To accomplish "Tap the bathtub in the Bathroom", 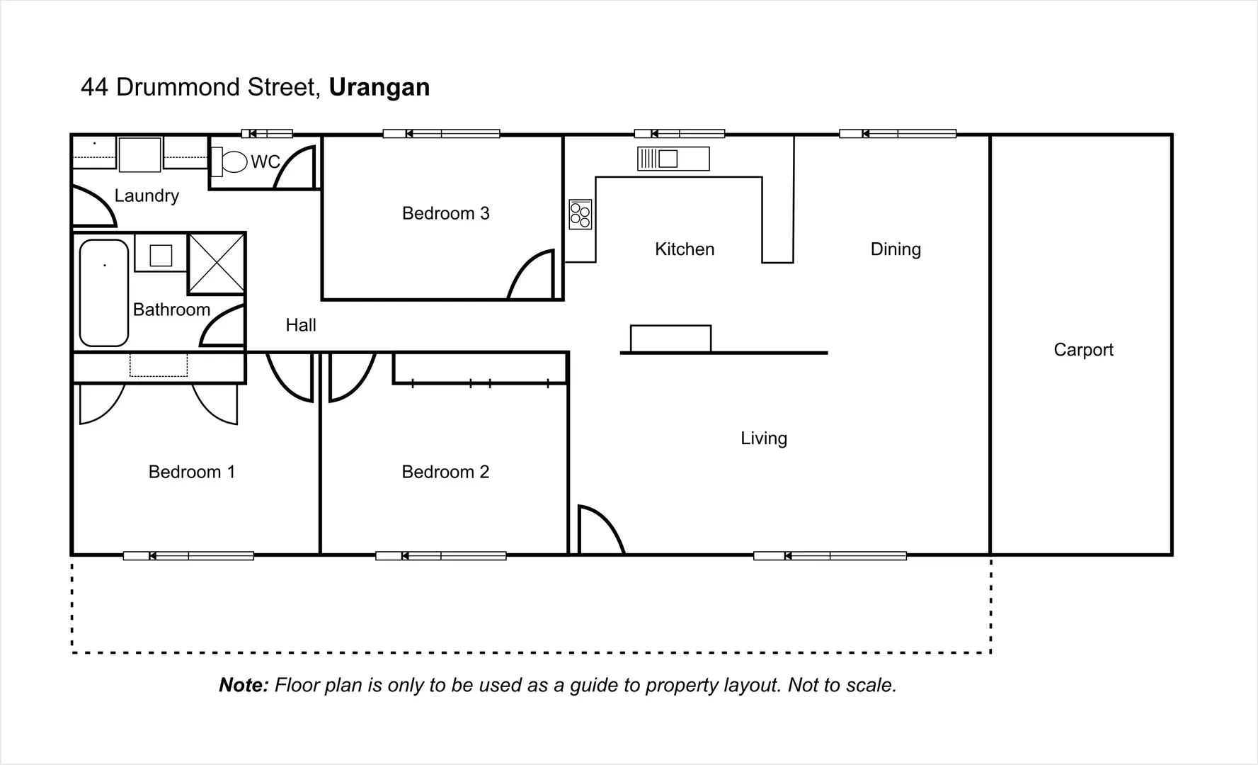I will tap(104, 293).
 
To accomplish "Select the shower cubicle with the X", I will tap(217, 263).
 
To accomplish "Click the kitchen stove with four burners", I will tap(581, 215).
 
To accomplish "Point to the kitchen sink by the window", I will tap(673, 159).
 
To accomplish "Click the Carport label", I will tap(1083, 350).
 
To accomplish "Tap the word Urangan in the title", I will tap(379, 87).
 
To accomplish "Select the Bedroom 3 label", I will tap(445, 213).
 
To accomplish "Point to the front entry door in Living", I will tap(599, 531).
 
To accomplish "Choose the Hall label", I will tap(301, 325).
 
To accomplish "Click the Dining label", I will tap(896, 249).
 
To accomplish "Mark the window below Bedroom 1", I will tap(188, 556).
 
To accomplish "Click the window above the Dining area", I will tap(898, 133).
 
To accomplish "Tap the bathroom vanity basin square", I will tap(161, 255).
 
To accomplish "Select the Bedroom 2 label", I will tap(445, 472).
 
